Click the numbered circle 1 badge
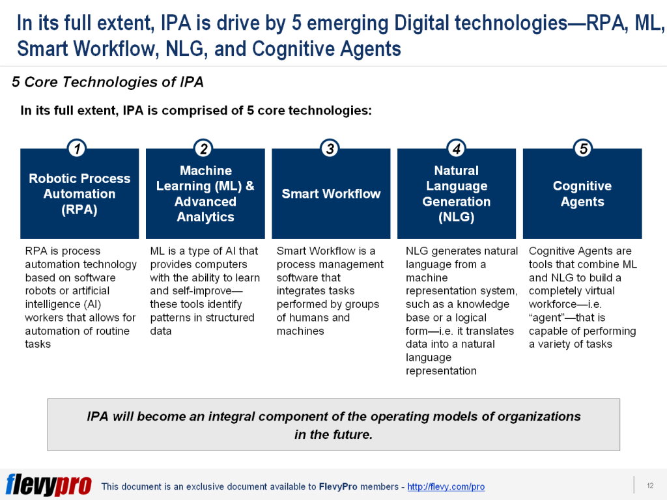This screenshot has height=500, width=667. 78,149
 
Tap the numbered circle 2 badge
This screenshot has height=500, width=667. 204,149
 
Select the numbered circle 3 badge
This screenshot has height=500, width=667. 330,149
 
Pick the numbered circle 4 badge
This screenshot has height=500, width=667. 457,149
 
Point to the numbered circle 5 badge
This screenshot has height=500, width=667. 583,149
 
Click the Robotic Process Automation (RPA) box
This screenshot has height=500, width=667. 79,194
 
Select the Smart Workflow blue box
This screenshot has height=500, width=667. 331,194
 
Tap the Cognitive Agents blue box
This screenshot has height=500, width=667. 582,194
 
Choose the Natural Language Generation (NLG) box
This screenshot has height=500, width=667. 457,194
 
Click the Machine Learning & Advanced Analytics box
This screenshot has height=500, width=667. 205,194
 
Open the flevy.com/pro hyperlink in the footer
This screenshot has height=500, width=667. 446,487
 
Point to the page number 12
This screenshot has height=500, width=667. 649,486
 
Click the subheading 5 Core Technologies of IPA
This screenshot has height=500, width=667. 107,82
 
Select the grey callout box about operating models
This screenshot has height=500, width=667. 333,424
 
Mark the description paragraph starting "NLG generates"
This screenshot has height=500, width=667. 461,311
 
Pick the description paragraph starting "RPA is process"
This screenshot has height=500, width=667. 80,297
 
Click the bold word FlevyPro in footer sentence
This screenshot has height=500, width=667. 336,487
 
